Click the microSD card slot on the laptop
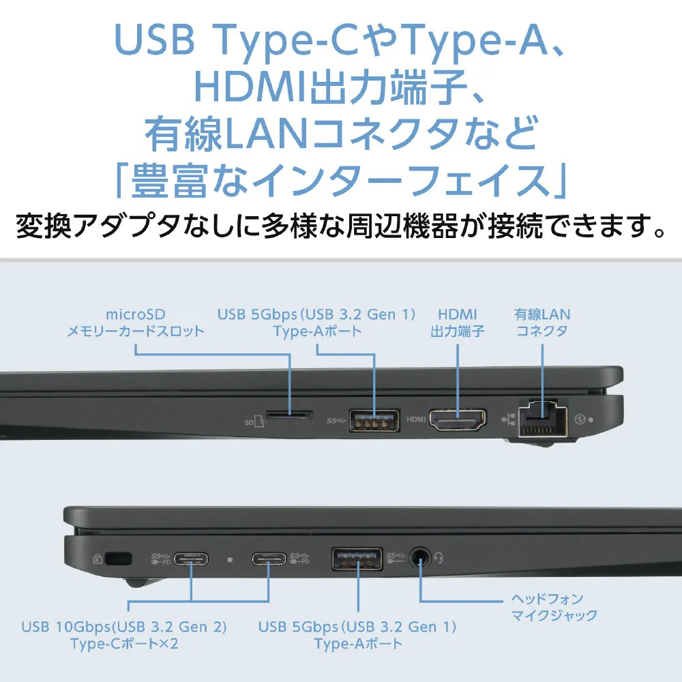(x=289, y=415)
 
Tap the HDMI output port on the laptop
(x=458, y=419)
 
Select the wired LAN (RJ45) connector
(x=543, y=418)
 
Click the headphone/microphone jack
(x=420, y=558)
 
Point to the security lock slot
(x=118, y=559)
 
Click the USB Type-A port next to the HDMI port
(x=374, y=420)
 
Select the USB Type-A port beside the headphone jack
(x=357, y=559)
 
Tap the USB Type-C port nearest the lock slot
(x=191, y=559)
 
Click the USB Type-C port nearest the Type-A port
(x=269, y=559)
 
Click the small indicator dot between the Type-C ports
(x=230, y=560)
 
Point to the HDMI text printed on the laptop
(x=416, y=419)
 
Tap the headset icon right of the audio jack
(x=439, y=557)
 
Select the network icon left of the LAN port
(x=509, y=419)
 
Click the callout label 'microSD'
(x=136, y=314)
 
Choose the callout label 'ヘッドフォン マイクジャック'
(x=554, y=607)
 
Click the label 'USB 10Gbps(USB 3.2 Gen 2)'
(x=124, y=627)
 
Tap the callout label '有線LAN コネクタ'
(x=542, y=323)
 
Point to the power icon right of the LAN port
(x=579, y=419)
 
